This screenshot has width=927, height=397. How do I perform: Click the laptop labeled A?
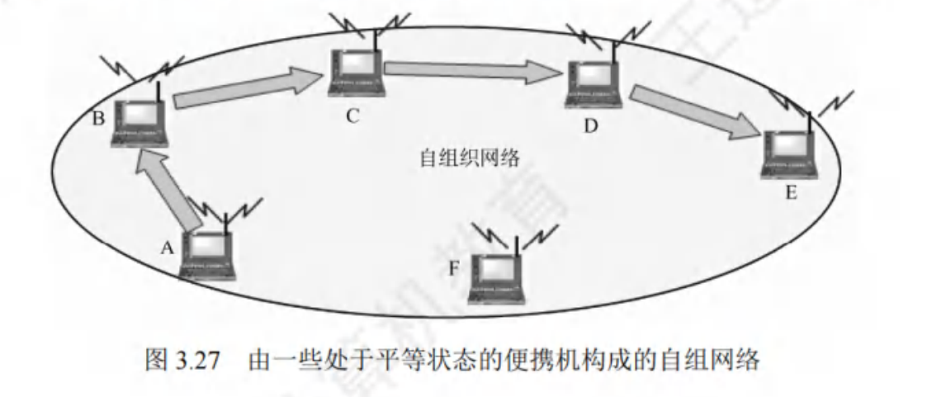click(208, 255)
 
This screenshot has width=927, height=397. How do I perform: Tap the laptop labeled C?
click(356, 75)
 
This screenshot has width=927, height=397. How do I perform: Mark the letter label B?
click(98, 118)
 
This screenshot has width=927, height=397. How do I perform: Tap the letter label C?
click(352, 116)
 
